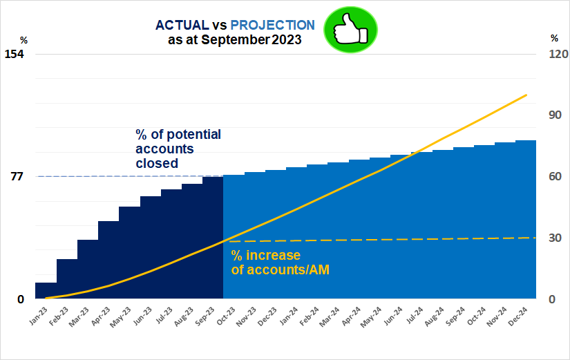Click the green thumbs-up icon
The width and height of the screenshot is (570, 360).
351,30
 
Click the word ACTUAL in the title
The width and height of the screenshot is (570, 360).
182,25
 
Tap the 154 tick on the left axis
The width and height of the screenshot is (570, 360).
15,54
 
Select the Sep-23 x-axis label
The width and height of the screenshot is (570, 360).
205,317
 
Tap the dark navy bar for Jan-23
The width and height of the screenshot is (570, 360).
46,291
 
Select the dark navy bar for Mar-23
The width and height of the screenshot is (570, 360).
88,269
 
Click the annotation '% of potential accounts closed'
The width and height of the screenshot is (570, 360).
178,149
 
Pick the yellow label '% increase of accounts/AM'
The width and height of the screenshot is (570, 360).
279,263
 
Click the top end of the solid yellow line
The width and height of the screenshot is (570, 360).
526,95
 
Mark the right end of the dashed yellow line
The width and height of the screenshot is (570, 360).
535,238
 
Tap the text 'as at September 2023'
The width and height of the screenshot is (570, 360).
234,40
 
